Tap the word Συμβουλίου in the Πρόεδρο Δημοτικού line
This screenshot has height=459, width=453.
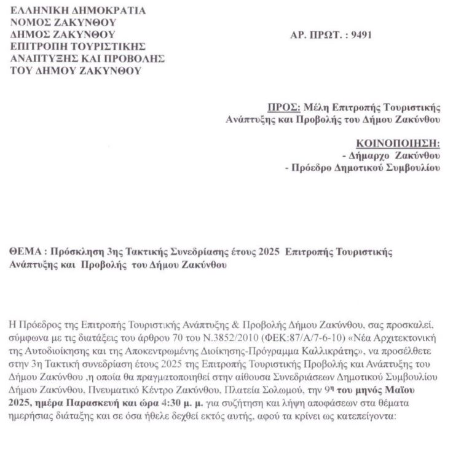tap(413, 167)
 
